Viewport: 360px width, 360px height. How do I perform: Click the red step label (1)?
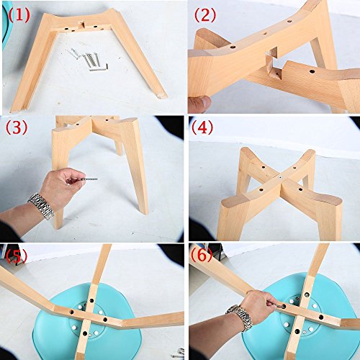coord(19,15)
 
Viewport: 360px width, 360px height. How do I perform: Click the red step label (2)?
coord(205,15)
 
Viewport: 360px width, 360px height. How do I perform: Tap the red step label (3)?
coord(17,127)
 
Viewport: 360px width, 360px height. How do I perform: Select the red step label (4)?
coord(202,128)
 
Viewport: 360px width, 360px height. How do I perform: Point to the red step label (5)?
coord(17,255)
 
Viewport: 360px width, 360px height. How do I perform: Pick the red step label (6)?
coord(202,255)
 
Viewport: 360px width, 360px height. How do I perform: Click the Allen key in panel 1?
coord(99,68)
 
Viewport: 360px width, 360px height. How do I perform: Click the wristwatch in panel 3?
coord(42,206)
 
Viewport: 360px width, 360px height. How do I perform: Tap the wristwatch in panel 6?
coord(240,318)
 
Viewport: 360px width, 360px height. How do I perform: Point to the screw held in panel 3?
coord(90,179)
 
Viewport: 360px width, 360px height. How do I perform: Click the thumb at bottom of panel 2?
coord(199,104)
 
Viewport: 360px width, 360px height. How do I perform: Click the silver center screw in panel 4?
coord(280,178)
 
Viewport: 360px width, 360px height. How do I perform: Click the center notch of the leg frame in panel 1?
coord(82,24)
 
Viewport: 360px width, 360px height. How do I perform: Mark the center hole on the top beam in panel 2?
coord(265,34)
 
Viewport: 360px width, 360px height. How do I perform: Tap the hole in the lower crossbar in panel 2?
coord(312,71)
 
